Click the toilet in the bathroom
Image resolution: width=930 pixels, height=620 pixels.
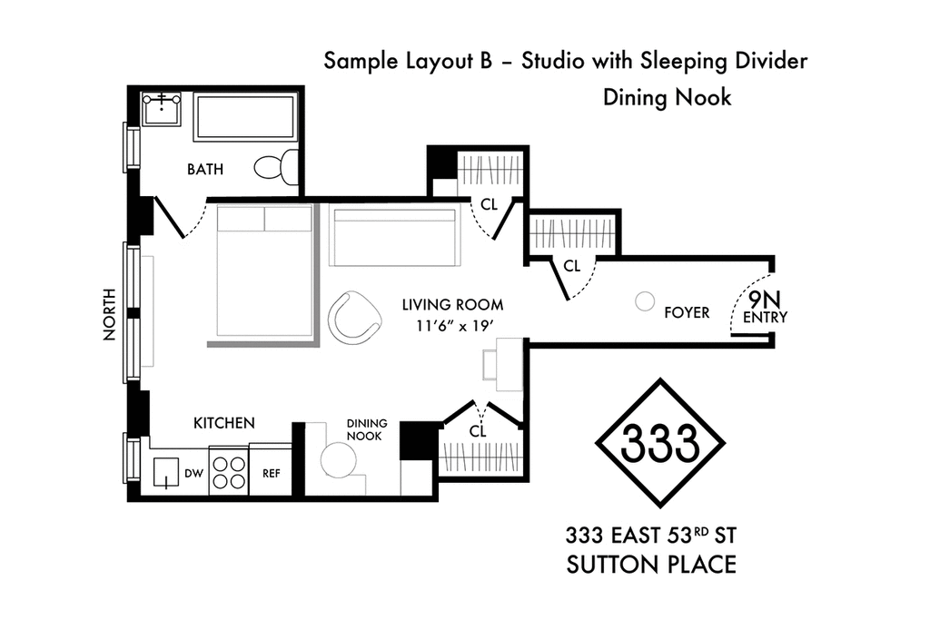[277, 166]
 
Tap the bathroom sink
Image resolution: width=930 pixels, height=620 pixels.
[162, 108]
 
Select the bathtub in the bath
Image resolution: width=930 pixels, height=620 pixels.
[244, 117]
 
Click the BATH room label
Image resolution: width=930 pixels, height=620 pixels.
[205, 170]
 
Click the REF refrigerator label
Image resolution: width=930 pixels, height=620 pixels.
[271, 474]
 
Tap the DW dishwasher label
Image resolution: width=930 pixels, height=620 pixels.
[194, 474]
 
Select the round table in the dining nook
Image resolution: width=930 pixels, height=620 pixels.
[339, 459]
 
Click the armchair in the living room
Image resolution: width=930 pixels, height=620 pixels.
[355, 318]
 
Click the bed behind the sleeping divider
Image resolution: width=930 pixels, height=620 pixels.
[264, 271]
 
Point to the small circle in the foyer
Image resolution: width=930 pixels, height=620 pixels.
[644, 301]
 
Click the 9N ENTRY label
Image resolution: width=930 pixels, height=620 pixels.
[765, 308]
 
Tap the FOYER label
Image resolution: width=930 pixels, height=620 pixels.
[687, 312]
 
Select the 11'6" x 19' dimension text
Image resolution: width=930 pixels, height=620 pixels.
[455, 326]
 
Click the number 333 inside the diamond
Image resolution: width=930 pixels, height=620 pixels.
[660, 442]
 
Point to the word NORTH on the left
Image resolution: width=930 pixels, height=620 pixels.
[110, 314]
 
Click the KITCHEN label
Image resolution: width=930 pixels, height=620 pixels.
[224, 423]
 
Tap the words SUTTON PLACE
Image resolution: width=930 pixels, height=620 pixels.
[651, 565]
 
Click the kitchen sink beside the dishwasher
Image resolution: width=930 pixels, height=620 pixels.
[166, 472]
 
